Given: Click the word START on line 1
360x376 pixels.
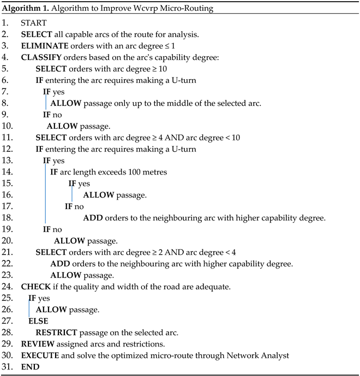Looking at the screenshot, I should [x=33, y=23].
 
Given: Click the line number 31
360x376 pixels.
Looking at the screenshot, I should [x=6, y=367].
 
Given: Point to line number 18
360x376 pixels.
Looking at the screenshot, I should [x=6, y=218].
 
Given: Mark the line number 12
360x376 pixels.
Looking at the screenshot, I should [x=6, y=149].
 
